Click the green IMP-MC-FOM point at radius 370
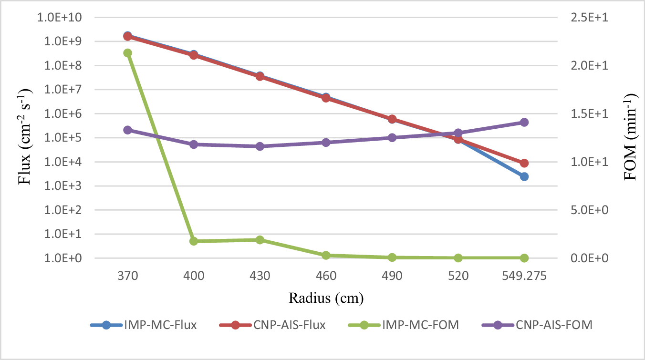pyautogui.click(x=127, y=53)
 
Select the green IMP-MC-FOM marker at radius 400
pyautogui.click(x=194, y=241)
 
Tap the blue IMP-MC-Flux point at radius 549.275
pyautogui.click(x=524, y=176)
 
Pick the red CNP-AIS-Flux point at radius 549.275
pyautogui.click(x=524, y=163)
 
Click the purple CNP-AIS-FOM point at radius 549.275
pyautogui.click(x=524, y=123)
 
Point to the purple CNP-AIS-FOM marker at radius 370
pyautogui.click(x=127, y=130)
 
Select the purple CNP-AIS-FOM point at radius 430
pyautogui.click(x=260, y=146)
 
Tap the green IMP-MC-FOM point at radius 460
pyautogui.click(x=326, y=256)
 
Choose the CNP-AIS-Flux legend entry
pyautogui.click(x=272, y=325)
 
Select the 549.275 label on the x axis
pyautogui.click(x=524, y=276)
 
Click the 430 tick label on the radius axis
pyautogui.click(x=260, y=276)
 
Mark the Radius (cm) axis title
pyautogui.click(x=326, y=299)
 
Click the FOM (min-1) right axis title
pyautogui.click(x=631, y=137)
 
